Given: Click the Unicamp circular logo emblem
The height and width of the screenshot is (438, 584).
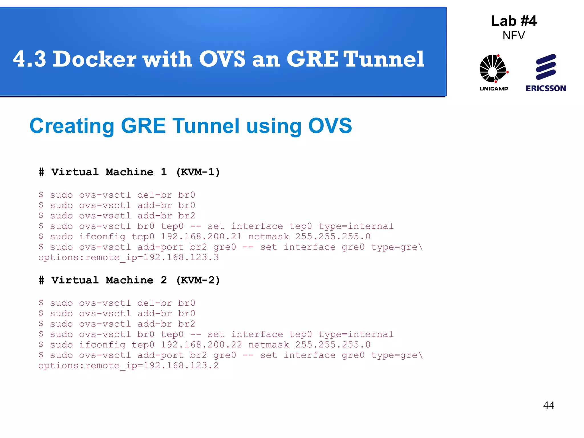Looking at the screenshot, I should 494,68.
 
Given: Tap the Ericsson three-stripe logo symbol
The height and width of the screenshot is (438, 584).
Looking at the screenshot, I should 546,67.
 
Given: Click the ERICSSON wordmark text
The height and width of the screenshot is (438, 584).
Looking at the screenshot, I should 546,88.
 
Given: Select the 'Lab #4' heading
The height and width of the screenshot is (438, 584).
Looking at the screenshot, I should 514,21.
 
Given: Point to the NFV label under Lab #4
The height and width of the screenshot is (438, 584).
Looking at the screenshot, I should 514,36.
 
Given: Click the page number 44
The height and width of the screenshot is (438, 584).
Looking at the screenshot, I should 549,405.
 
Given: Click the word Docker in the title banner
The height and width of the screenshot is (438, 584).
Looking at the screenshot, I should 94,59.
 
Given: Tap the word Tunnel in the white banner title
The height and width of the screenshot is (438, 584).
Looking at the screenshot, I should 384,59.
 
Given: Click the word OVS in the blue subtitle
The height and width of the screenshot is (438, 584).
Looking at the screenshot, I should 330,126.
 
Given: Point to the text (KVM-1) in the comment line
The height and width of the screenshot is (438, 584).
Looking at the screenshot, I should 198,172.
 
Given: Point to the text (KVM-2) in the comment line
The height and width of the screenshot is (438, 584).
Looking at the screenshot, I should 198,280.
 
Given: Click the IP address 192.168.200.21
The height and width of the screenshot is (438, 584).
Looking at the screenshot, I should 201,236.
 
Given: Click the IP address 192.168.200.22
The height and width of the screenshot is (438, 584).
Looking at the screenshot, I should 201,344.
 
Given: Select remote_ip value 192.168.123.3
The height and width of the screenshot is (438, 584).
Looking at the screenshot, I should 181,257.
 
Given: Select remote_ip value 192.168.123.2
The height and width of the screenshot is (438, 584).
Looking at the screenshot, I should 181,365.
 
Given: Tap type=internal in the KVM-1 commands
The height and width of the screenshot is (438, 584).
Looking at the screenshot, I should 356,226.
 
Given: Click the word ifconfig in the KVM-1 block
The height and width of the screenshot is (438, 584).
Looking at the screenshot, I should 102,237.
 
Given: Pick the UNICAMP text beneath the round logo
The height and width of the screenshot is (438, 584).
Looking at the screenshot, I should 494,89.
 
